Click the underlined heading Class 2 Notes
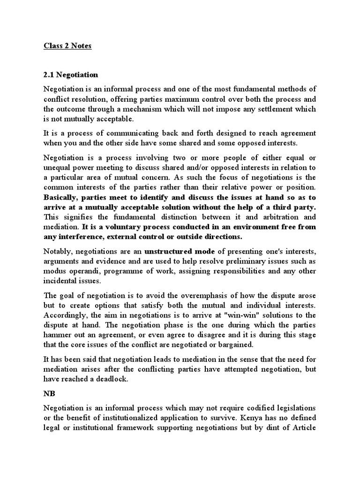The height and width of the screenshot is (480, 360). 68,46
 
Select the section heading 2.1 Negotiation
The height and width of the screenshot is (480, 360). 71,75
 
